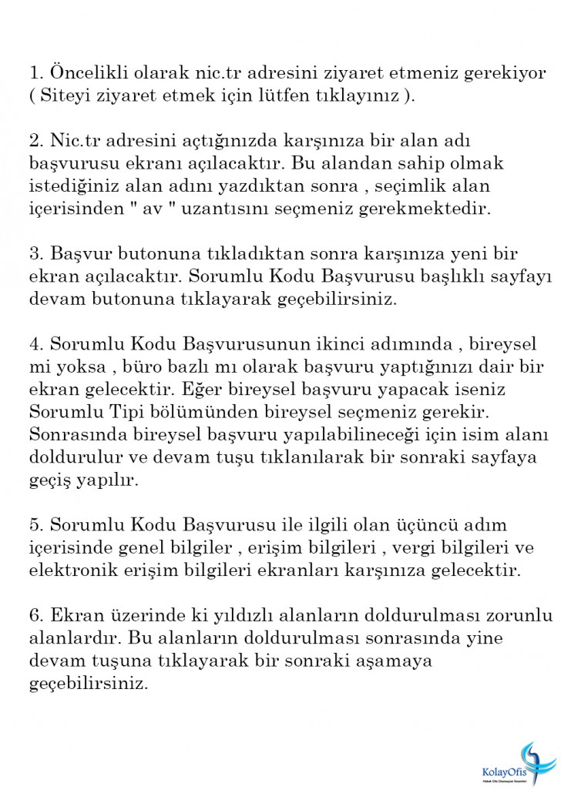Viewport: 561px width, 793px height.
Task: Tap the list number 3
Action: (35, 253)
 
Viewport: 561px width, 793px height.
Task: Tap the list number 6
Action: (35, 615)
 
